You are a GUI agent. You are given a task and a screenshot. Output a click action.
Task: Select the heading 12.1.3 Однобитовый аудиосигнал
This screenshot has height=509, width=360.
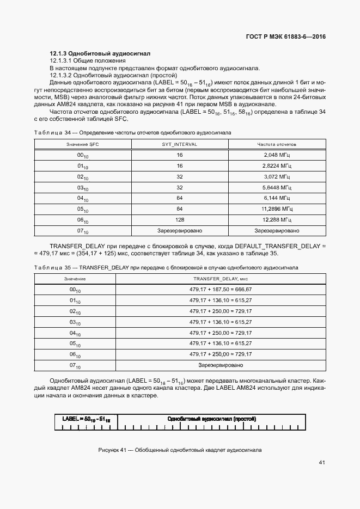[100, 53]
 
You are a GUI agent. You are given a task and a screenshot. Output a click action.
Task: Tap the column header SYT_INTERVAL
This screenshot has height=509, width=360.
[179, 144]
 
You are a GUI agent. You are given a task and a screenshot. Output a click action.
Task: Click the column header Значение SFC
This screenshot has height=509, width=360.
[83, 144]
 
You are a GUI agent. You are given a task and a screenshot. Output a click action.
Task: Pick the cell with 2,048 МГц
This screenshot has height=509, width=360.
[277, 155]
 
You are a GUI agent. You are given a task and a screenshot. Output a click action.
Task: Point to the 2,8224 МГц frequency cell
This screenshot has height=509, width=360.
[277, 166]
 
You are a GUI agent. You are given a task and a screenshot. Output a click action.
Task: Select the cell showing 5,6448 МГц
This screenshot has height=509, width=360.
[277, 187]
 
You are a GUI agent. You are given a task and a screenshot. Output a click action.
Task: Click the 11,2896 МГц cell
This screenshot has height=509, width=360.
[277, 208]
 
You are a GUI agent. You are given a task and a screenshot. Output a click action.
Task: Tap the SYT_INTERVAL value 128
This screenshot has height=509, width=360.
[179, 219]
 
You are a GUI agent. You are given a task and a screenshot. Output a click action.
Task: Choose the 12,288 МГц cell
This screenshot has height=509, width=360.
[277, 219]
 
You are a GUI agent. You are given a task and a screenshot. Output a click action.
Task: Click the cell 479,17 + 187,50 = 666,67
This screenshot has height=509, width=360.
[221, 289]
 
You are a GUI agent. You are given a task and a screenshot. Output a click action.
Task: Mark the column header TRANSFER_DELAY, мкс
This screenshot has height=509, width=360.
[221, 278]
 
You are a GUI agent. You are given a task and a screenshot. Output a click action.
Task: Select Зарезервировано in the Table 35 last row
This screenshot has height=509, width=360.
[221, 364]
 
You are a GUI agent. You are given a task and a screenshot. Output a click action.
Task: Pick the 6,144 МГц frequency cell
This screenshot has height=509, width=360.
[277, 198]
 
